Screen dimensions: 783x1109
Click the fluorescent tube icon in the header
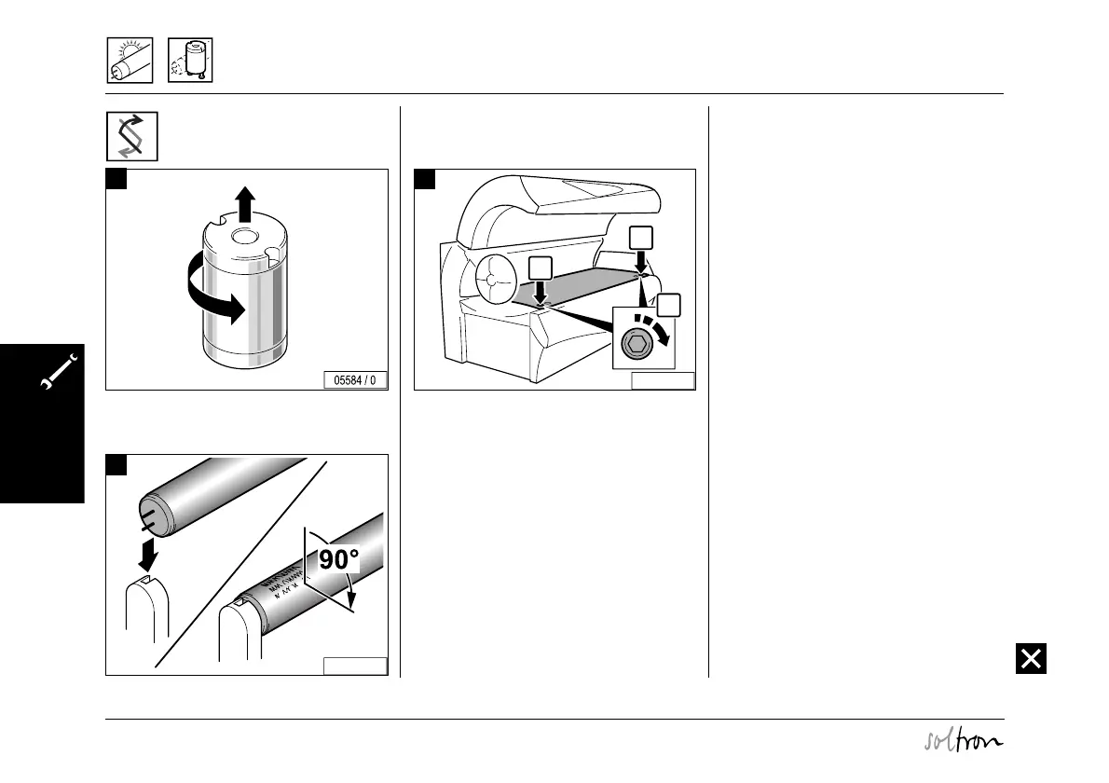click(x=128, y=61)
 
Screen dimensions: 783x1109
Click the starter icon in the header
click(x=190, y=61)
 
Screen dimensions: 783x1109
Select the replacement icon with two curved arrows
click(x=131, y=136)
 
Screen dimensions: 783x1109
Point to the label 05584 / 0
click(x=355, y=380)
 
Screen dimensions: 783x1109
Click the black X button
click(x=1031, y=658)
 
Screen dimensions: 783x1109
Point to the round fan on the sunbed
click(x=497, y=281)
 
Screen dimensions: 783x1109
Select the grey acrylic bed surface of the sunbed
click(x=578, y=284)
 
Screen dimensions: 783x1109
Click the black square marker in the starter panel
click(x=116, y=179)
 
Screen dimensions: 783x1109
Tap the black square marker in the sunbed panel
click(x=424, y=179)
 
